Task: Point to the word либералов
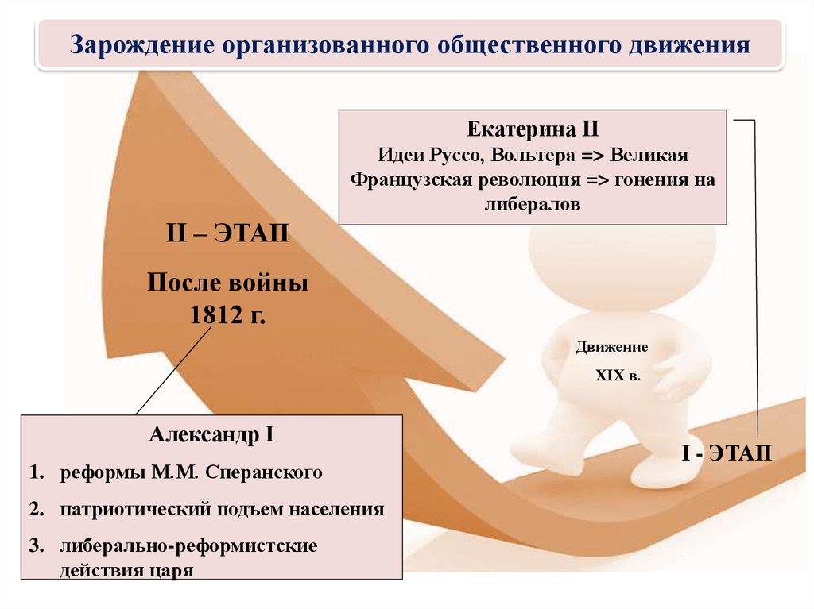pos(533,203)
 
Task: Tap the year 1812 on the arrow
pos(213,315)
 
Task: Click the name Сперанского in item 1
pos(264,473)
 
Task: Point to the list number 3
pos(35,546)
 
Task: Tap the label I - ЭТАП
pos(725,454)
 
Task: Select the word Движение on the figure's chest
pos(612,348)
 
